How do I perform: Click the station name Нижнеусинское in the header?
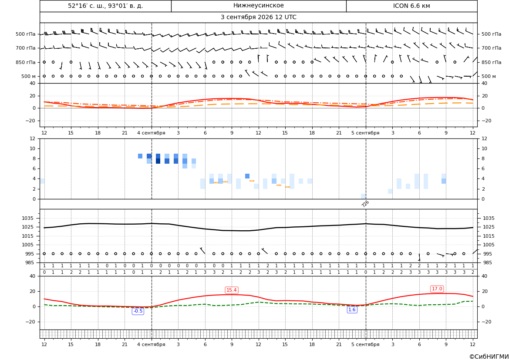(258, 6)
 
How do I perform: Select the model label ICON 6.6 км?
(411, 6)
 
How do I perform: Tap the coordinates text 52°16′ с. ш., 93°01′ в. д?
(105, 6)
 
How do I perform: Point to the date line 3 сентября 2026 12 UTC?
(258, 17)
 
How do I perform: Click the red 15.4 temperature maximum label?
(232, 290)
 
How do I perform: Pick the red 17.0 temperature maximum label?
(437, 289)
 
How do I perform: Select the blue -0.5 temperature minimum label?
(138, 311)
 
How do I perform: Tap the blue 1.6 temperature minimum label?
(352, 310)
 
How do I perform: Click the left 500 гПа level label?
(26, 34)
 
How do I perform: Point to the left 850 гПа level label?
(26, 62)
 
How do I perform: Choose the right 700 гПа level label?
(491, 48)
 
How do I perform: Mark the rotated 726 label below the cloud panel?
(365, 204)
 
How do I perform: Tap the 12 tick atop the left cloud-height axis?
(33, 138)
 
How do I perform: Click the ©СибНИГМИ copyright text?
(489, 357)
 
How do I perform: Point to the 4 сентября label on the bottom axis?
(151, 344)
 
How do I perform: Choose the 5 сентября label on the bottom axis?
(365, 344)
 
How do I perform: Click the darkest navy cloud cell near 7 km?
(158, 161)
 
